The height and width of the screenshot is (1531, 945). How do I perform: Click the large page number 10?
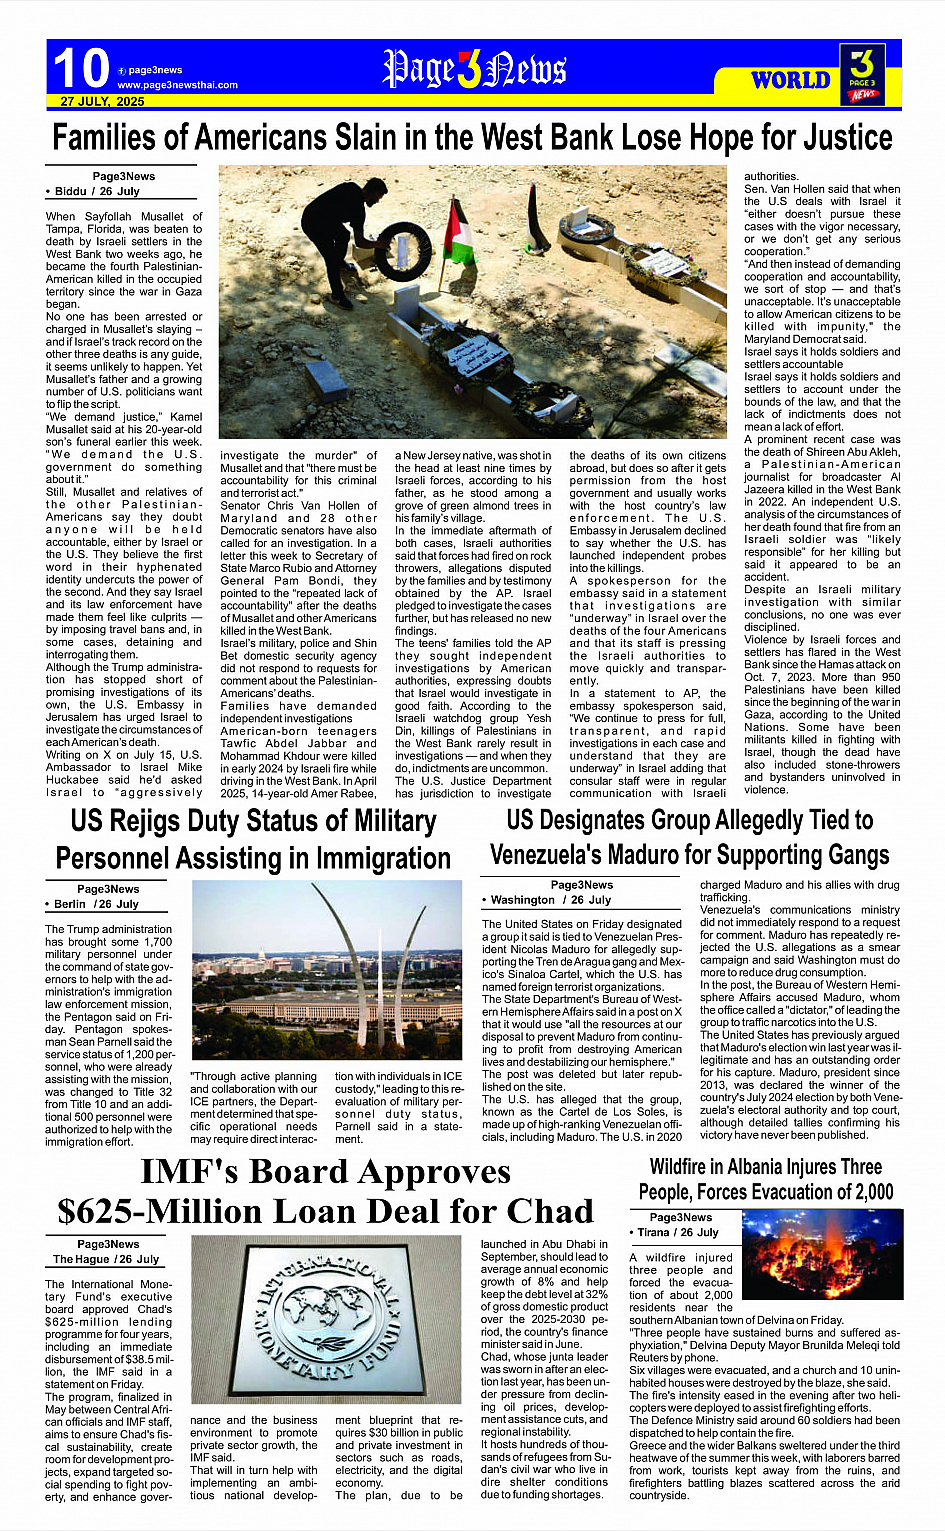click(80, 69)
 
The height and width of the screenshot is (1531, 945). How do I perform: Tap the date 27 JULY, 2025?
click(102, 102)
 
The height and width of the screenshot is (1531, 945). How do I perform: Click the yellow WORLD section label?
click(790, 80)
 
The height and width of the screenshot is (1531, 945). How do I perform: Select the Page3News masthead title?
click(475, 69)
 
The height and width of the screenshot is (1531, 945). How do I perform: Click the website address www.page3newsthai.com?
click(177, 85)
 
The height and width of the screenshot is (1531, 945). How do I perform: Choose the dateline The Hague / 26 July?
click(106, 1259)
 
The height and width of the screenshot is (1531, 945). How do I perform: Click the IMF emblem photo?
click(330, 1321)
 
